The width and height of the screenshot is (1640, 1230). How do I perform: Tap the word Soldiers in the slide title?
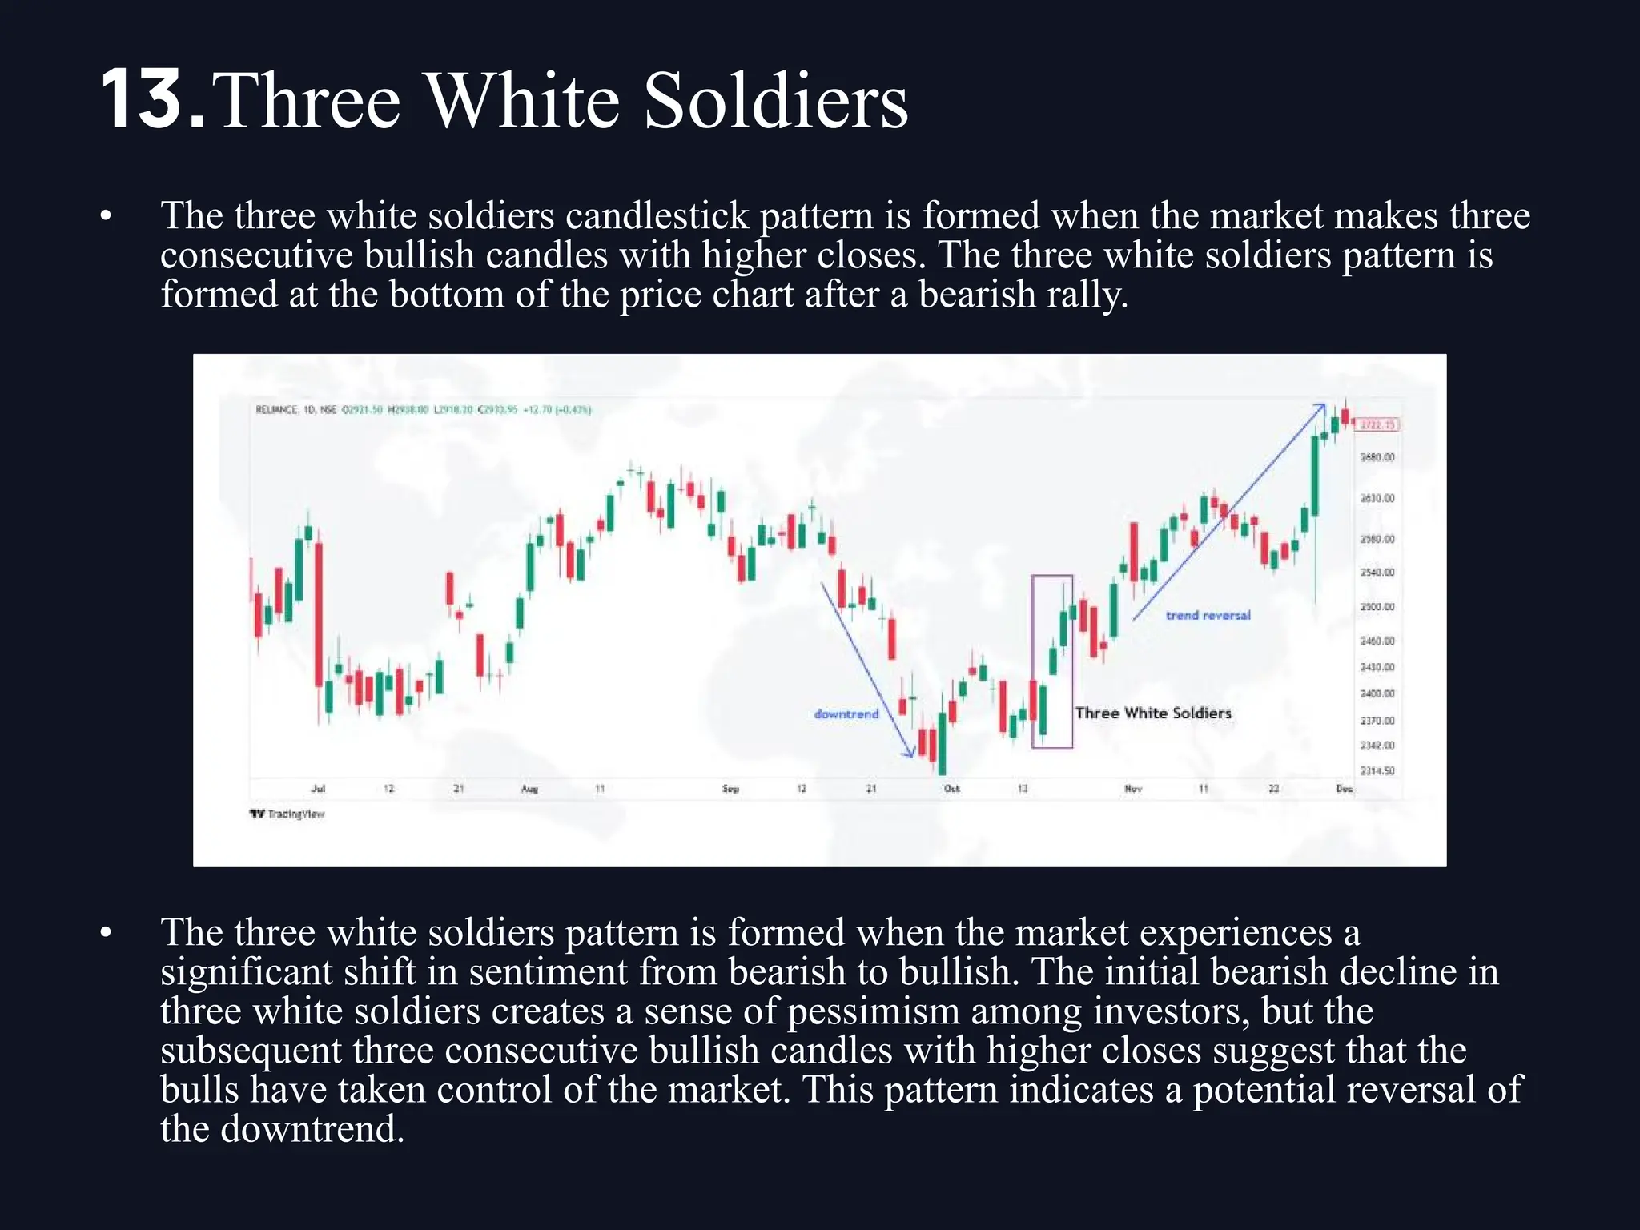click(x=775, y=102)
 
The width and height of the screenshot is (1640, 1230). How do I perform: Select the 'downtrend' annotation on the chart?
click(x=846, y=713)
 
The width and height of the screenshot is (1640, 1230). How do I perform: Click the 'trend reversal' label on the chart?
click(x=1208, y=615)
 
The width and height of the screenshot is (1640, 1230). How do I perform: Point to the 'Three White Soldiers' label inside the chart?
click(x=1152, y=713)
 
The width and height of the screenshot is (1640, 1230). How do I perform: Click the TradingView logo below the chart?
click(x=287, y=814)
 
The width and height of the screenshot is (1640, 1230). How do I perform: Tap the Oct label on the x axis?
click(x=951, y=789)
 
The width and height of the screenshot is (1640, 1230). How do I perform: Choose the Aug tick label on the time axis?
click(x=529, y=789)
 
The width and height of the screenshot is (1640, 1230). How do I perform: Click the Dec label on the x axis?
click(x=1344, y=789)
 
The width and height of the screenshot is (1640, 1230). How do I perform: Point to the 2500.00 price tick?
click(x=1377, y=607)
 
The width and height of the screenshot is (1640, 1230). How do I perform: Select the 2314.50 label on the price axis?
click(x=1377, y=771)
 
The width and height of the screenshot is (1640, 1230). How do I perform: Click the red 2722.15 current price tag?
click(x=1378, y=424)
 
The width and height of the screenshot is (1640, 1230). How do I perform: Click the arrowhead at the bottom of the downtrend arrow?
click(x=910, y=752)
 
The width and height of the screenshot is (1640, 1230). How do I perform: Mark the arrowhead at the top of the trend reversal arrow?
click(x=1320, y=407)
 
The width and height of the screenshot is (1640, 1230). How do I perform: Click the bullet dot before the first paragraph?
click(x=106, y=216)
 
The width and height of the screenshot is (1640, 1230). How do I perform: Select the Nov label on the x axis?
click(x=1132, y=789)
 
